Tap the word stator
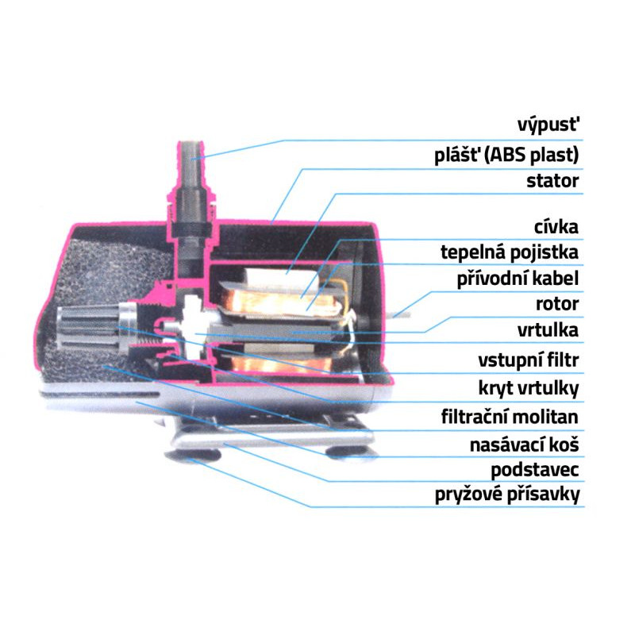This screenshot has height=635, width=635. (x=552, y=181)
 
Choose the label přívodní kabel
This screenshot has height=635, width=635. (x=518, y=279)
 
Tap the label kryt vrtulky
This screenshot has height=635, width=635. (x=526, y=388)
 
